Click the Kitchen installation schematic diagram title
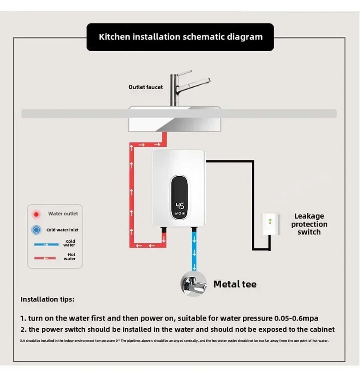(x=181, y=37)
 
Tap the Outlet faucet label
(x=145, y=87)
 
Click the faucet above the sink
(x=180, y=89)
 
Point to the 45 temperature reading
(x=180, y=206)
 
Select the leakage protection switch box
(x=271, y=224)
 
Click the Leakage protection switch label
(x=309, y=224)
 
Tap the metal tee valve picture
(x=194, y=284)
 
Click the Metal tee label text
(x=235, y=284)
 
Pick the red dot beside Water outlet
(x=36, y=214)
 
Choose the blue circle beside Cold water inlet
(x=36, y=230)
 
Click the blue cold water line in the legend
(x=46, y=245)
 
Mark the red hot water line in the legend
(x=45, y=258)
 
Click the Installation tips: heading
(x=47, y=299)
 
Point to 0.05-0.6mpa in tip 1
(x=296, y=318)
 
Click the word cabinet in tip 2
(x=322, y=329)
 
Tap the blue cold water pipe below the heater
(x=194, y=249)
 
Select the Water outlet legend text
(x=63, y=214)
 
